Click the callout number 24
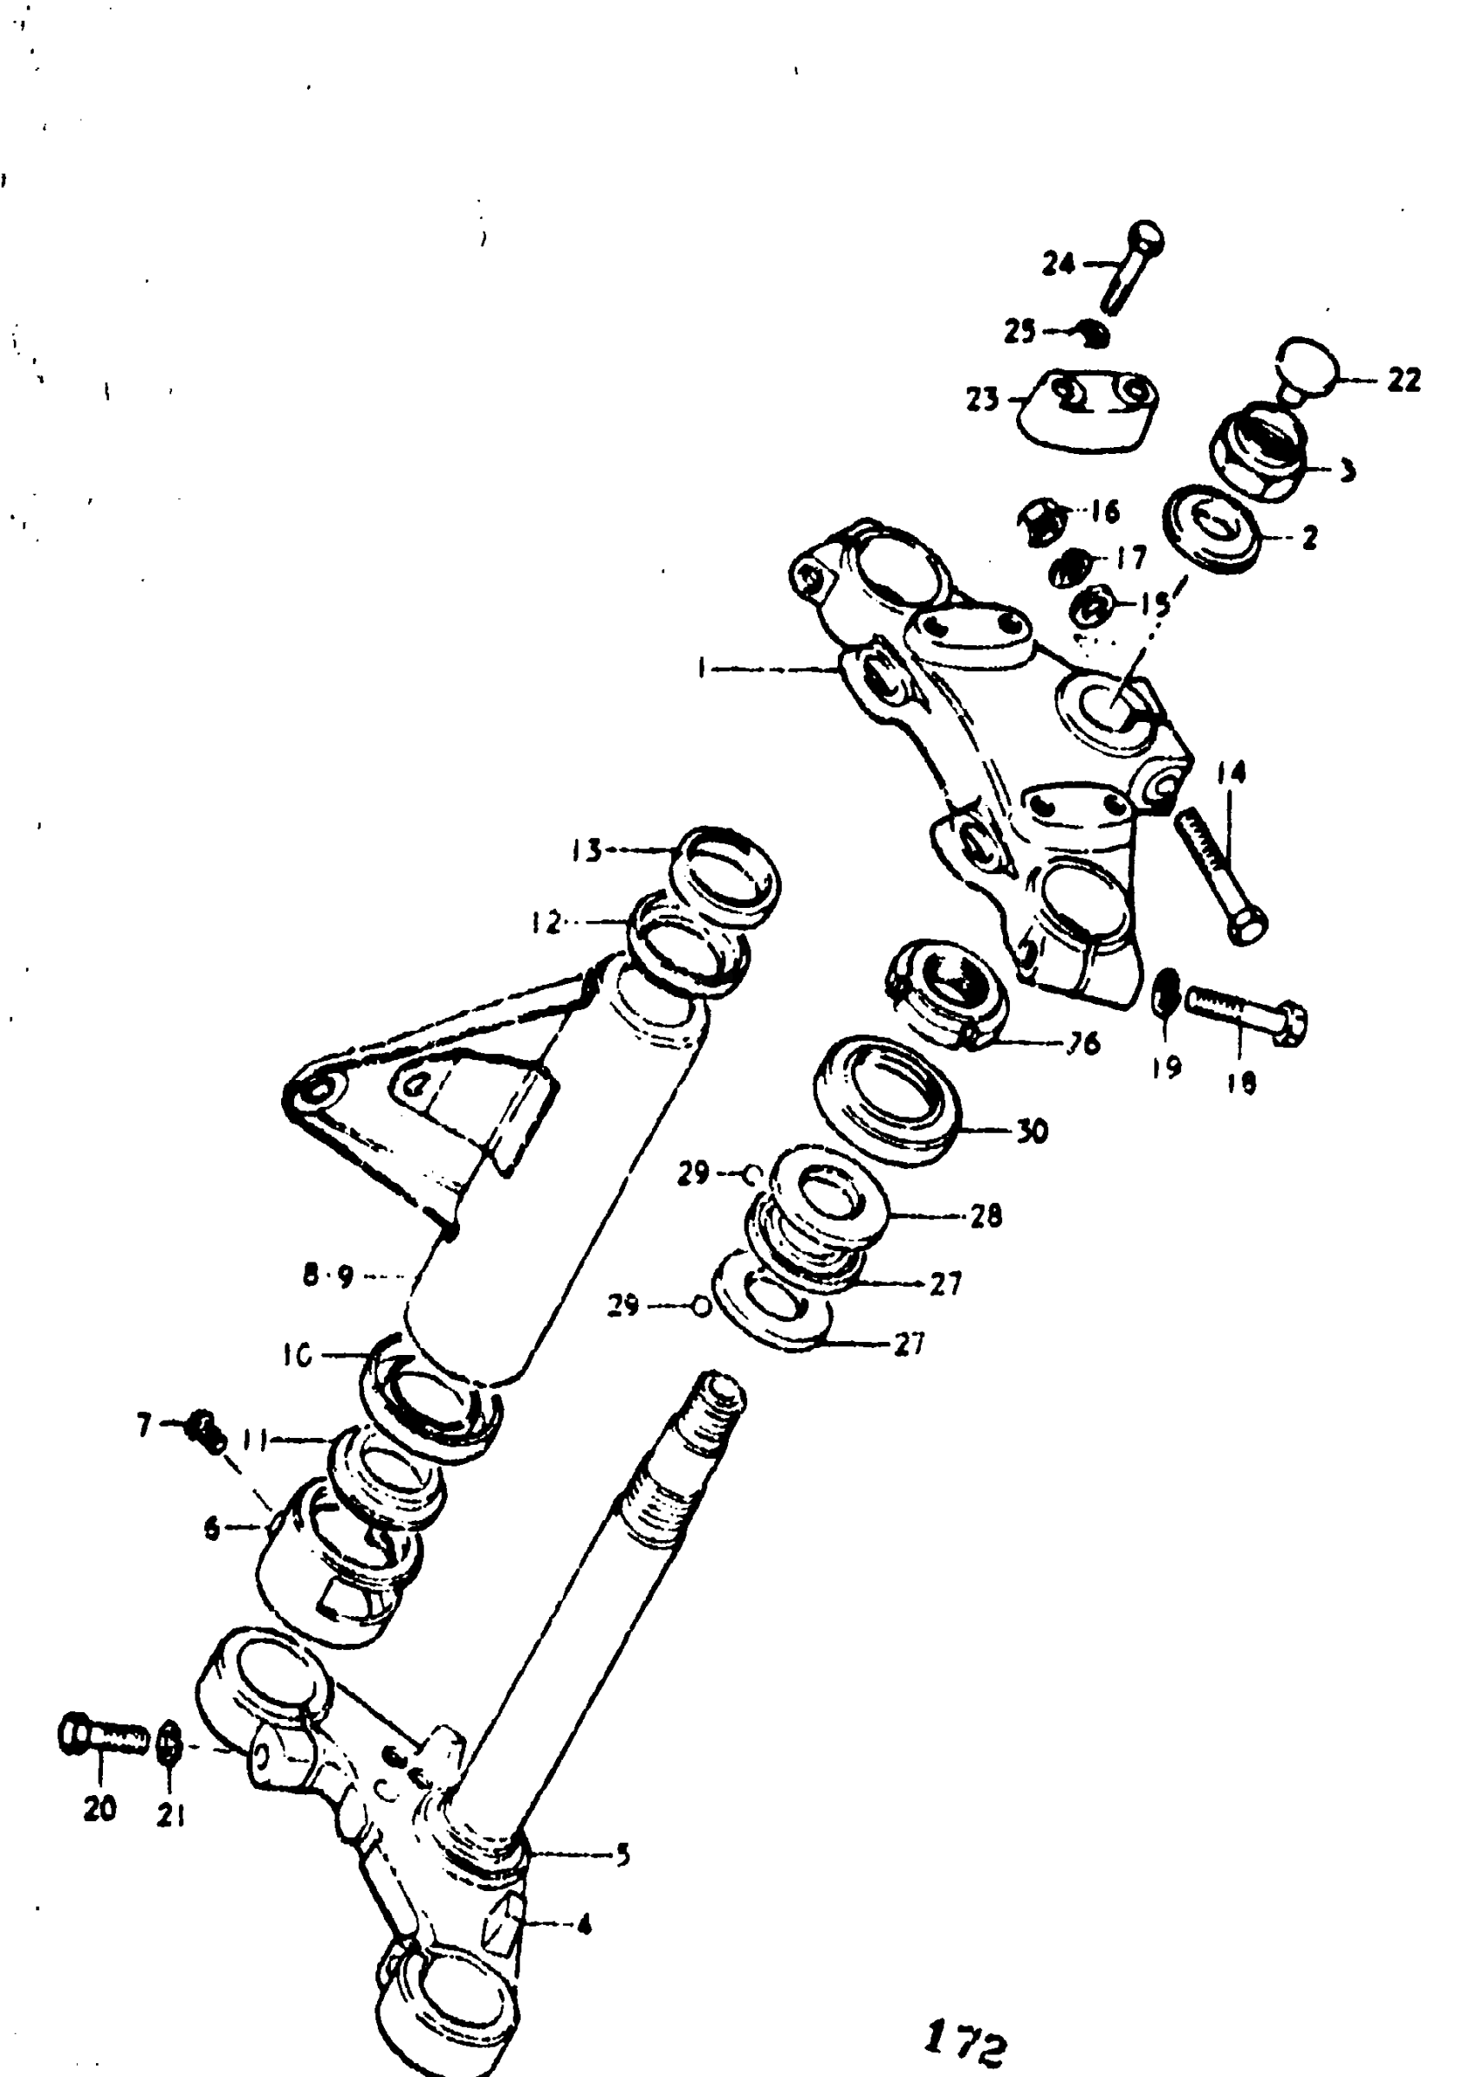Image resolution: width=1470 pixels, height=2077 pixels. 1058,265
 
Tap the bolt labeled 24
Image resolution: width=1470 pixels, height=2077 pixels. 1131,267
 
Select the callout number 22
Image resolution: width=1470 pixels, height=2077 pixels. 1404,381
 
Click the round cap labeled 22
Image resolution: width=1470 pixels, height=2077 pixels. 1307,367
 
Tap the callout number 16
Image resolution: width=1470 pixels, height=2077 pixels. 1105,511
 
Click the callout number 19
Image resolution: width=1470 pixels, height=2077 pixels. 1166,1068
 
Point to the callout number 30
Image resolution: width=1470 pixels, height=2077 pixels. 1032,1131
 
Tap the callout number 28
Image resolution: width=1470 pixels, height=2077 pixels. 987,1216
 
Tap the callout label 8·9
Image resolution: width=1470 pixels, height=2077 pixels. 328,1277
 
